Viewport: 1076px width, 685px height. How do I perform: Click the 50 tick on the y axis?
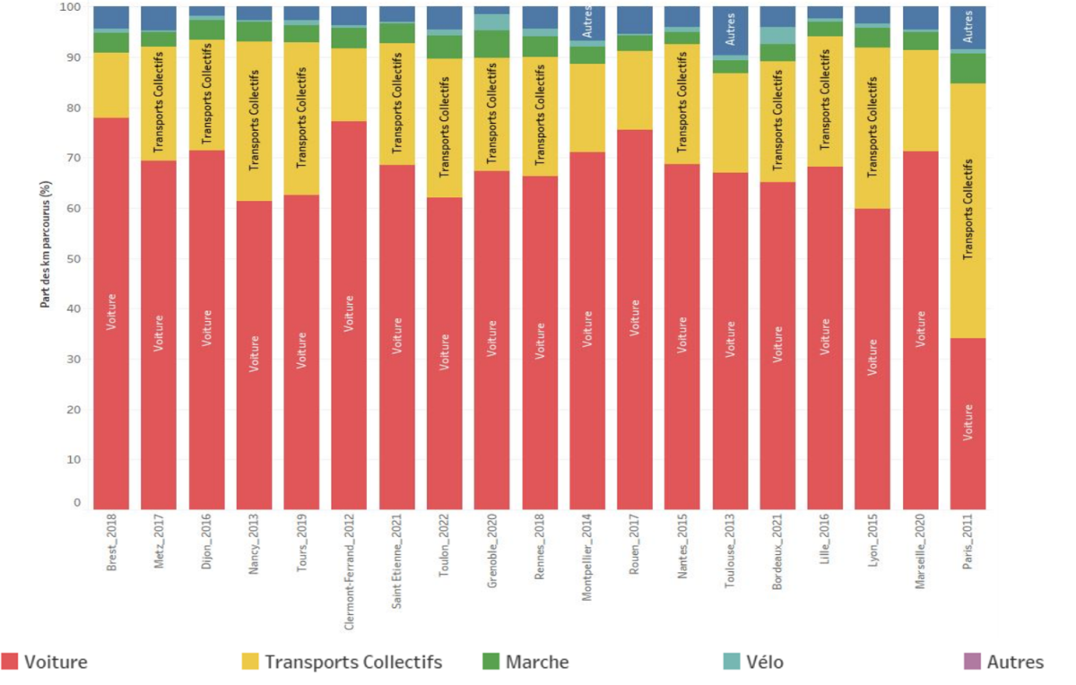point(75,259)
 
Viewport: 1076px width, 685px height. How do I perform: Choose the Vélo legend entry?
point(753,663)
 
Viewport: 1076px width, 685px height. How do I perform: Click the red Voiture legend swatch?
point(11,663)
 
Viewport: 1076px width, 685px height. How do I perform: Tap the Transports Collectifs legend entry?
point(341,663)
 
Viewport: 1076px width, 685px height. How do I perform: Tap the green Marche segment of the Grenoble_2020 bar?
point(492,44)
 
